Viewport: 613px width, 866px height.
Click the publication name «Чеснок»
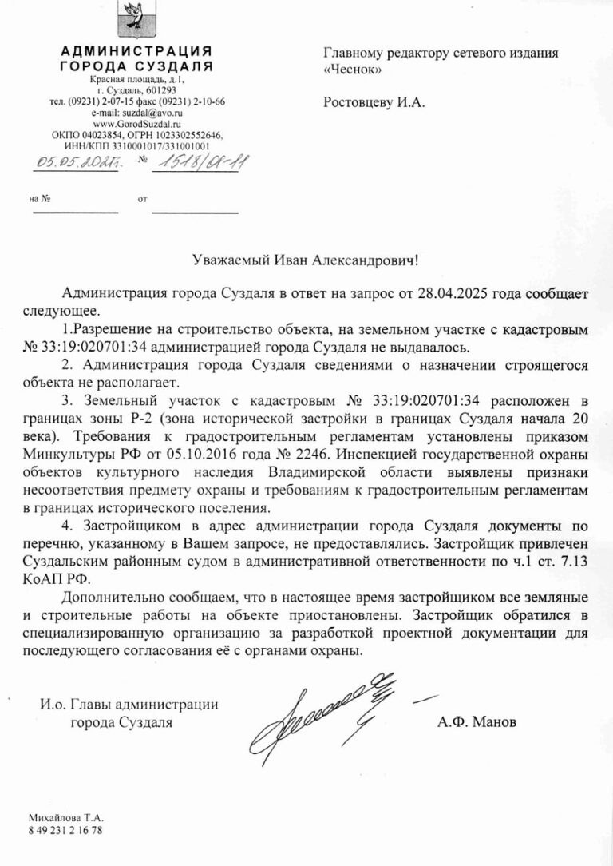pos(353,70)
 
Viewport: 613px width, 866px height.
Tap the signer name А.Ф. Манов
pos(477,721)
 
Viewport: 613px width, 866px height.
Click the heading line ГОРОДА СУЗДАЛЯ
pos(136,66)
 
